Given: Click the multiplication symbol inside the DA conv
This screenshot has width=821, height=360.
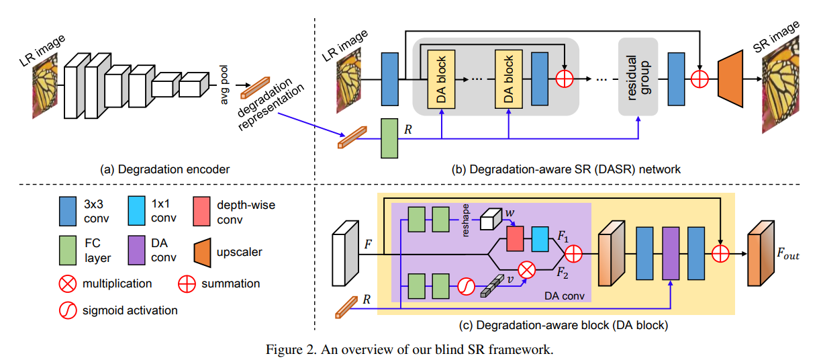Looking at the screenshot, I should point(528,271).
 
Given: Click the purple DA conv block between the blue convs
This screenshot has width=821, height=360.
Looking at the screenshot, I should point(670,253).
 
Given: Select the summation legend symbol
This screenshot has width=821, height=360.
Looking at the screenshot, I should point(187,284).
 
